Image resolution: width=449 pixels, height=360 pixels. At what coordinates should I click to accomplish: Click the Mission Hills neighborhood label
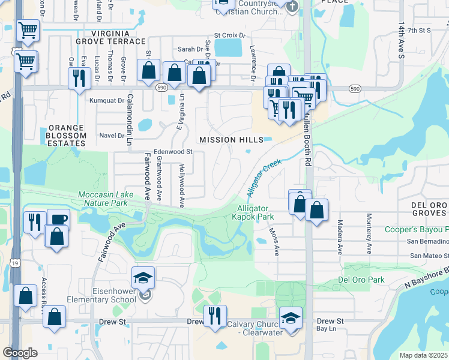pos(231,140)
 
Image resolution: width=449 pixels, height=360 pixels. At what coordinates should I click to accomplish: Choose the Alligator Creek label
pos(264,178)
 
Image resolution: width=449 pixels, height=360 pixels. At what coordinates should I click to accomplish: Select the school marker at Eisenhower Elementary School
pos(143,278)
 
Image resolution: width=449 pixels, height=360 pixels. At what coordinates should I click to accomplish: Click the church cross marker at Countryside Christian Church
pos(292,7)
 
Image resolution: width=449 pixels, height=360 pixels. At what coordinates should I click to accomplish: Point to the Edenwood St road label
pos(172,152)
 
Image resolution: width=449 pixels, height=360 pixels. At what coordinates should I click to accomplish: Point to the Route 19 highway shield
pos(14,263)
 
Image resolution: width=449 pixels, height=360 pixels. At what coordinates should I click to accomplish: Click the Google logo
pos(20,352)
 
